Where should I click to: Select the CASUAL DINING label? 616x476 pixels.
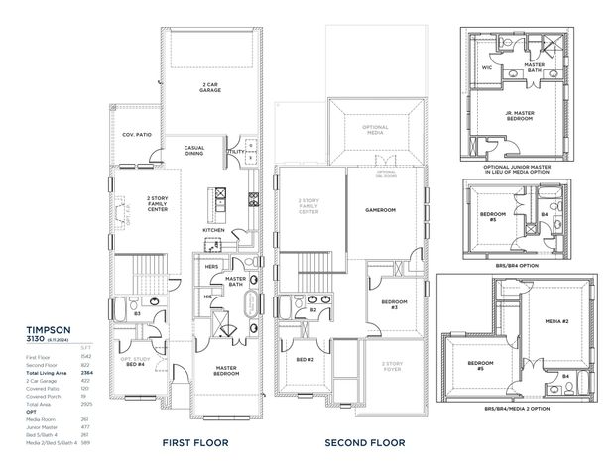(194, 152)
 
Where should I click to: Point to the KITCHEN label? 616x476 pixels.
(213, 230)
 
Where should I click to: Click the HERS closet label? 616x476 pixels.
(210, 266)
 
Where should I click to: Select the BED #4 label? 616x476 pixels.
(135, 365)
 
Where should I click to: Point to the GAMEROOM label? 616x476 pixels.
(380, 210)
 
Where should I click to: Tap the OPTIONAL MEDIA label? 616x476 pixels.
(374, 128)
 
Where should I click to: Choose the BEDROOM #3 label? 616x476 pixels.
(395, 304)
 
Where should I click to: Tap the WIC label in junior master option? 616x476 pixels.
(487, 68)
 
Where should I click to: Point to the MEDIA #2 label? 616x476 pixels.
(555, 322)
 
